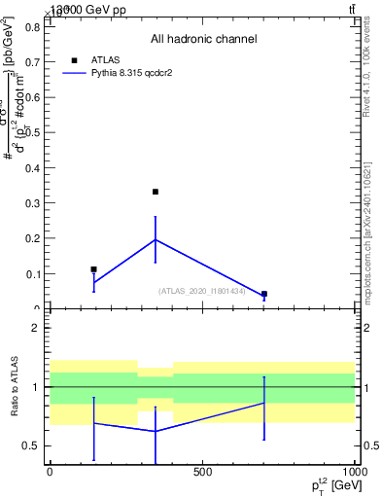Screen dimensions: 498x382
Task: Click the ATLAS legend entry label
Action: click(105, 59)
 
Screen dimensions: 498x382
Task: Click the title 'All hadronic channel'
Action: click(203, 39)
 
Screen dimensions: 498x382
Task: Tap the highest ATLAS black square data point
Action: click(156, 192)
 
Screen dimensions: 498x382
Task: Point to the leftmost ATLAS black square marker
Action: click(93, 269)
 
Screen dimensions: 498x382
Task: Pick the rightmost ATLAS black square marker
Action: click(264, 294)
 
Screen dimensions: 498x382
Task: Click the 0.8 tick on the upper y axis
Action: click(32, 26)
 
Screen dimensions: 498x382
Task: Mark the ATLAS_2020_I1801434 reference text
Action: click(202, 291)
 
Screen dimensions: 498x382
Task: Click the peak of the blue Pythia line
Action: click(156, 239)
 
